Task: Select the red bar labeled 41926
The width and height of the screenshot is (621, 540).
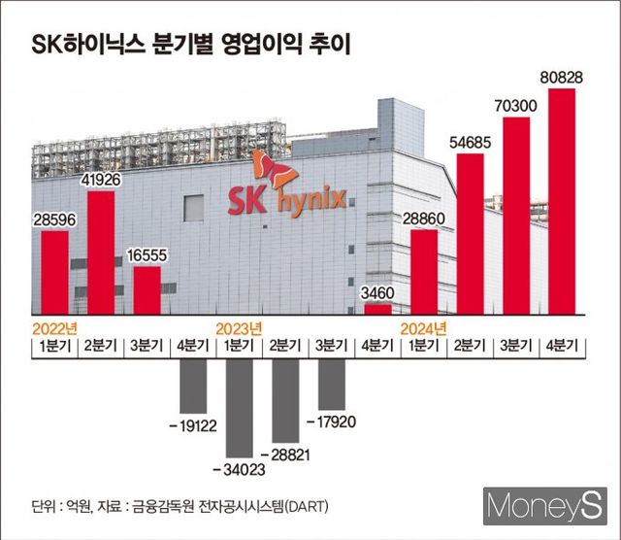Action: point(101,253)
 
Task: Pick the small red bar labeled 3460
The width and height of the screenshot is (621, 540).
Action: point(378,310)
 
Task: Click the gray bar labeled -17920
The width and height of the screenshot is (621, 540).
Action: point(332,381)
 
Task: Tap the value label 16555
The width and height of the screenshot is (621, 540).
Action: point(147,254)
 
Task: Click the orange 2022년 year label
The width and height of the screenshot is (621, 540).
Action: point(54,327)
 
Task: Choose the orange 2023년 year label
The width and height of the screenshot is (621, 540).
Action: point(239,327)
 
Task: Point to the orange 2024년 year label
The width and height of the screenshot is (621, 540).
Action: point(424,327)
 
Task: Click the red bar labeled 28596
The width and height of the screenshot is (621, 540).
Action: point(54,273)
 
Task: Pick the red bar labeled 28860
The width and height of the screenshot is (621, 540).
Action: point(424,272)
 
